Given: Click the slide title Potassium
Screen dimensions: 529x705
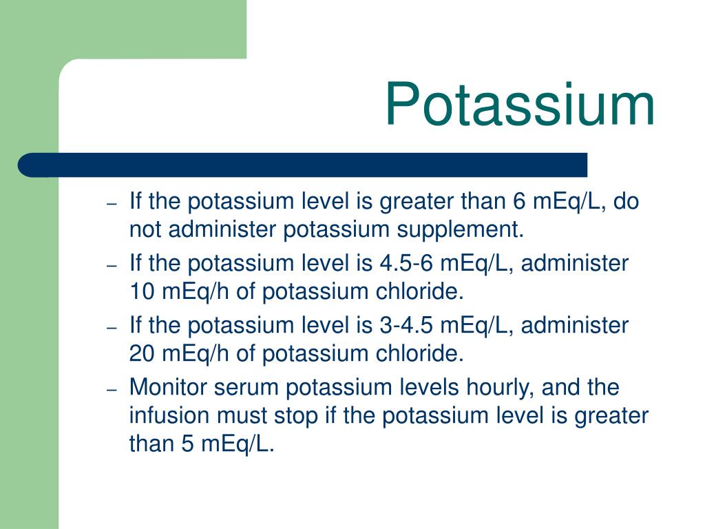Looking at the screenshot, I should [x=519, y=105].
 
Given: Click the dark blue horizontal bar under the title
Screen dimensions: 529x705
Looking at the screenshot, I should [x=303, y=165].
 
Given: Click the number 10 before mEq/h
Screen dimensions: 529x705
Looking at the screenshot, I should [x=143, y=291].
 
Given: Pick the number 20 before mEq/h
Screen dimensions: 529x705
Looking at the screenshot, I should [x=143, y=353].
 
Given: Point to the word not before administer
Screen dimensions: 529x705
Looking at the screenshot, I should [x=145, y=229].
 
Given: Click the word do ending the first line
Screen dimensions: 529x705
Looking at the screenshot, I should [x=627, y=202].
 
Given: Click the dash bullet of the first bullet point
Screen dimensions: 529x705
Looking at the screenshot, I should [x=113, y=204].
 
